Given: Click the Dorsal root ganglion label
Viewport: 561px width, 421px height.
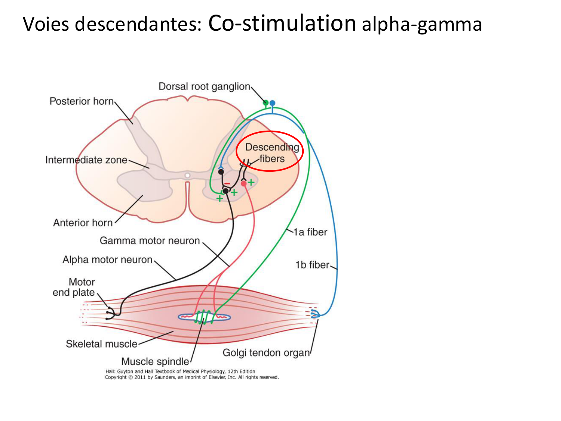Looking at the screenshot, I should [204, 86].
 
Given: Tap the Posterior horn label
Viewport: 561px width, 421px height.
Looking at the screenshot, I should [82, 101].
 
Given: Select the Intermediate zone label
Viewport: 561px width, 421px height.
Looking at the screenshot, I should [86, 160].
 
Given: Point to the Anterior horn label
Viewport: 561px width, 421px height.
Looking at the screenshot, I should [83, 223].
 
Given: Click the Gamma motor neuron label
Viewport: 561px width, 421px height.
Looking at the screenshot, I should [150, 241].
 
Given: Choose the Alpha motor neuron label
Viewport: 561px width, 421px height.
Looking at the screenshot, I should [107, 260].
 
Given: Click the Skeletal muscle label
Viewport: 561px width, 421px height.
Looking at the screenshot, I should [101, 344].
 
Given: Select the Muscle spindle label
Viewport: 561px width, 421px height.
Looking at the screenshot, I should [155, 361].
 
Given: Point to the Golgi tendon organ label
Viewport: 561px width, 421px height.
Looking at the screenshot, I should [266, 353].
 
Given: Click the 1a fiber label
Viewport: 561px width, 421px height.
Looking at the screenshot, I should [310, 232].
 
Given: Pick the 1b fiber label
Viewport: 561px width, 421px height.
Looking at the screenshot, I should [312, 265].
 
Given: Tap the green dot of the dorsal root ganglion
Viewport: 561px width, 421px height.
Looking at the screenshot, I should [266, 103].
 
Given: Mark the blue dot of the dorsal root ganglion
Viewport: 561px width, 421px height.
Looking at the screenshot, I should [272, 103].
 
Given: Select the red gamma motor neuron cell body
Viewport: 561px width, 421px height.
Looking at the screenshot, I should [244, 183].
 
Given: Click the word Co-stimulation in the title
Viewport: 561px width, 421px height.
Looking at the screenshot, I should [282, 23].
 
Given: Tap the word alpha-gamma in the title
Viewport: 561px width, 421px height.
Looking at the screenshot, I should [421, 25].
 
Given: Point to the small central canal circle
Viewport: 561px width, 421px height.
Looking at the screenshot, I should [187, 176].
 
